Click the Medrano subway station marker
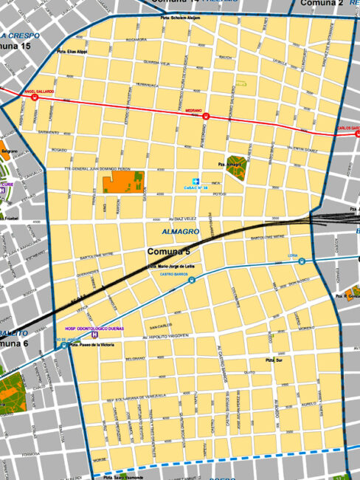click(x=207, y=116)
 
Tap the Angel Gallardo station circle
click(x=35, y=97)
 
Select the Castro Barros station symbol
click(x=192, y=280)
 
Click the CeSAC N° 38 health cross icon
click(x=196, y=181)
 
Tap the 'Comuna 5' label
click(x=168, y=253)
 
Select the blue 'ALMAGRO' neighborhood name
click(x=176, y=233)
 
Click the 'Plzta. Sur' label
click(x=274, y=360)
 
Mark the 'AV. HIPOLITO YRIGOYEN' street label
click(x=174, y=336)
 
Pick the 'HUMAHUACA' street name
click(x=146, y=86)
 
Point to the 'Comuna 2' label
click(x=322, y=4)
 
